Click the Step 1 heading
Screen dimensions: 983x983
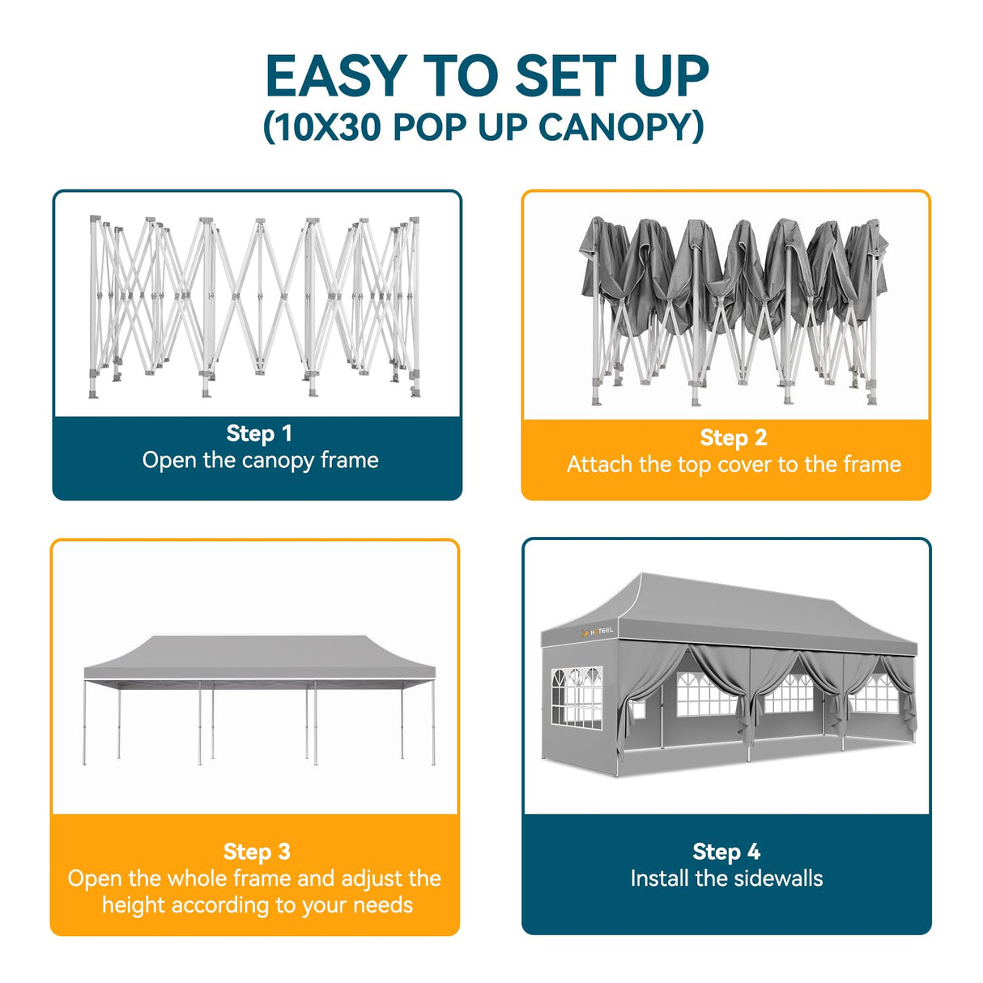click(x=258, y=433)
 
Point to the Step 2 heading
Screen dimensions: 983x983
click(x=733, y=437)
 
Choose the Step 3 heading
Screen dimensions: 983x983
click(x=256, y=851)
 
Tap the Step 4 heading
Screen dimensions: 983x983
click(x=726, y=851)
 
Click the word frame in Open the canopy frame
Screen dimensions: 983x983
click(x=349, y=460)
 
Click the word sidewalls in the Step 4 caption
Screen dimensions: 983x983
click(x=780, y=879)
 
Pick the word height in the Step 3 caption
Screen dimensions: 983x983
click(x=133, y=904)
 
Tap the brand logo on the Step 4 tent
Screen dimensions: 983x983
click(x=598, y=631)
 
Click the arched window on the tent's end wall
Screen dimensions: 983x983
click(x=577, y=696)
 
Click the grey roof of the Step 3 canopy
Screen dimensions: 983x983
click(x=259, y=656)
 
